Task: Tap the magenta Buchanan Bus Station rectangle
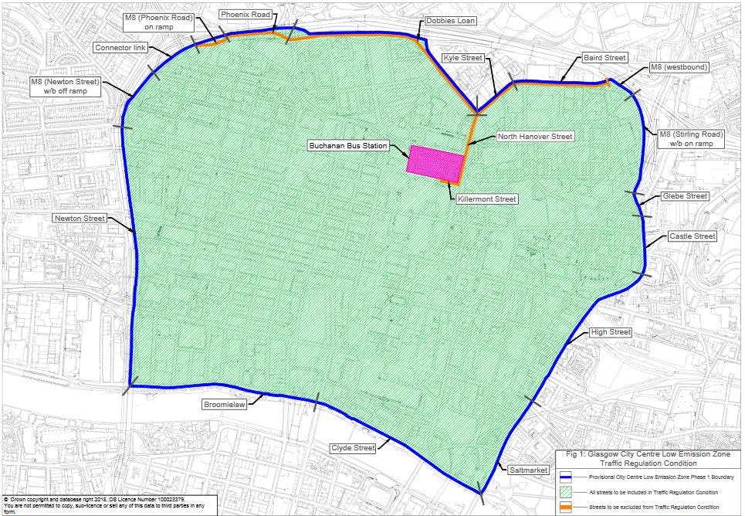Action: pyautogui.click(x=435, y=163)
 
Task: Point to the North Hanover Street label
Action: pyautogui.click(x=534, y=137)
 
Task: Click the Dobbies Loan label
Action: pyautogui.click(x=450, y=21)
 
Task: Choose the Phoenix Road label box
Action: pyautogui.click(x=246, y=15)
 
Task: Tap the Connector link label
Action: pyautogui.click(x=120, y=48)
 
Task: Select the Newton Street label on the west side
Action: pyautogui.click(x=79, y=219)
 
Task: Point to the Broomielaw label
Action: pyautogui.click(x=224, y=404)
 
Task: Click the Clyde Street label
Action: pyautogui.click(x=353, y=448)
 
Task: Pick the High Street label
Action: pyautogui.click(x=610, y=332)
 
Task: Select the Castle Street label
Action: pyautogui.click(x=692, y=236)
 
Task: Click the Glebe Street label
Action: pyautogui.click(x=684, y=196)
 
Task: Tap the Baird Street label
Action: pyautogui.click(x=604, y=58)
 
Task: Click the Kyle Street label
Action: pyautogui.click(x=462, y=58)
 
